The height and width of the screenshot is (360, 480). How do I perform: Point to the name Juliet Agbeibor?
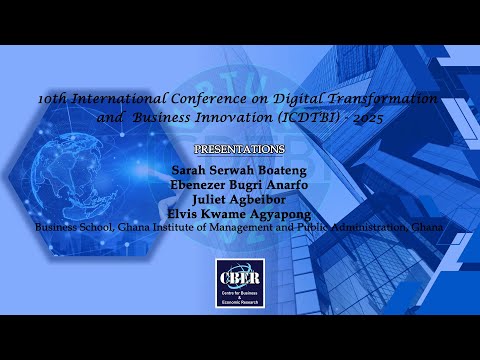[x=240, y=197]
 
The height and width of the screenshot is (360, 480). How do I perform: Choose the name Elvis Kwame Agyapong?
[x=240, y=212]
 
